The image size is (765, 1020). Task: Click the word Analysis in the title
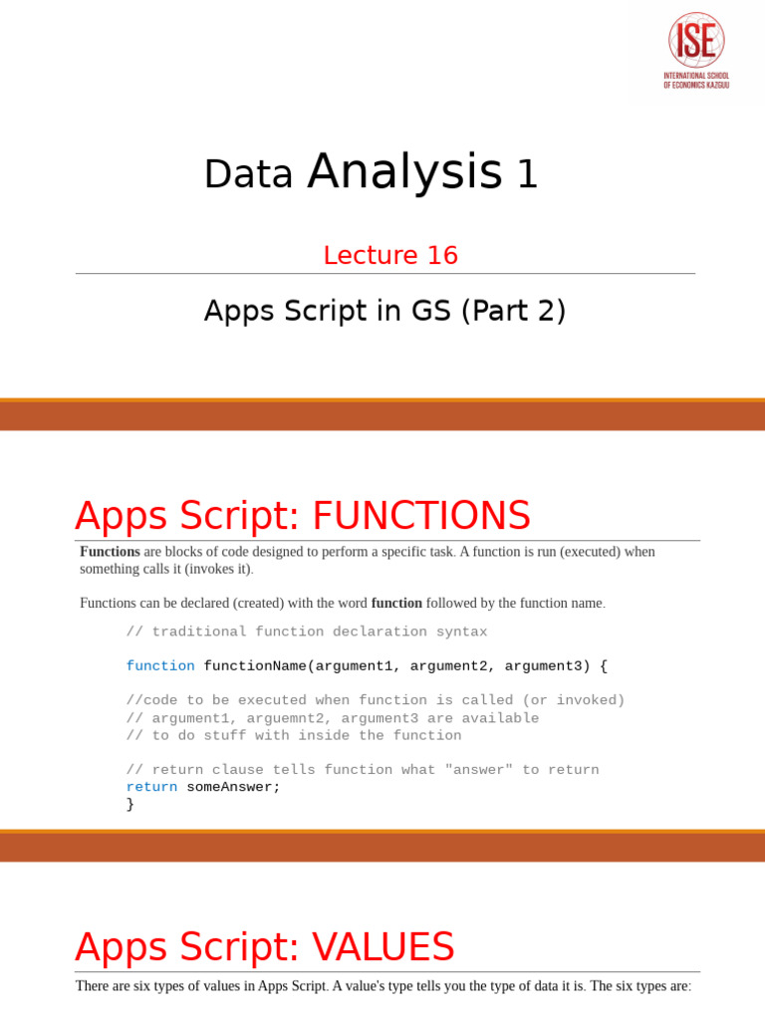[x=404, y=171]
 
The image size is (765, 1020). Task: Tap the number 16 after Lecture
[x=442, y=256]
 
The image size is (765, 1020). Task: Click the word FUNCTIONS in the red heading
[x=421, y=516]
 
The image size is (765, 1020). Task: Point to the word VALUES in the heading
[x=379, y=946]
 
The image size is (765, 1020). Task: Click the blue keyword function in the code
[x=160, y=665]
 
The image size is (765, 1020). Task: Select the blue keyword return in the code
[x=151, y=787]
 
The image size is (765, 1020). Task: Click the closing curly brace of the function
[x=130, y=804]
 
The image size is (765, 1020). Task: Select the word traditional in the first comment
[x=199, y=632]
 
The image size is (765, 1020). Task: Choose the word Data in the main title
[x=248, y=174]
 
